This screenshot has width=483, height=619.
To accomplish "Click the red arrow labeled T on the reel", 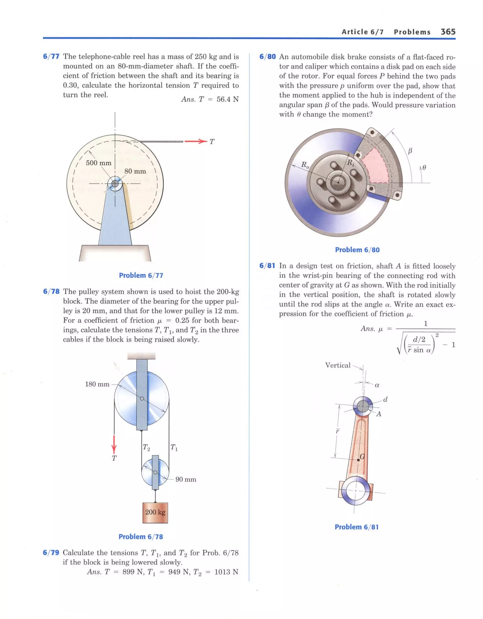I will point(196,141).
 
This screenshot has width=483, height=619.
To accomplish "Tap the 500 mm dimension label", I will point(98,163).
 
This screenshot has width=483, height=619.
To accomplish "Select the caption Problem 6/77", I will point(141,275).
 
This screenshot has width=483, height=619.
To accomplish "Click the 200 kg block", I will point(155,512).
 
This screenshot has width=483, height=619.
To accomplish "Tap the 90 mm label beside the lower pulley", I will point(186,479).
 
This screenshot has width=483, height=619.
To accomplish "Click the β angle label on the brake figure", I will point(410,151).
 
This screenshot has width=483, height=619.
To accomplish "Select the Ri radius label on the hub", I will point(351,162).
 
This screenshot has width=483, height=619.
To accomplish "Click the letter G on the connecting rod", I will point(362,457).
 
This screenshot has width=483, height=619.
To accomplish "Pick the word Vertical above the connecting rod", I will point(337,365).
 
